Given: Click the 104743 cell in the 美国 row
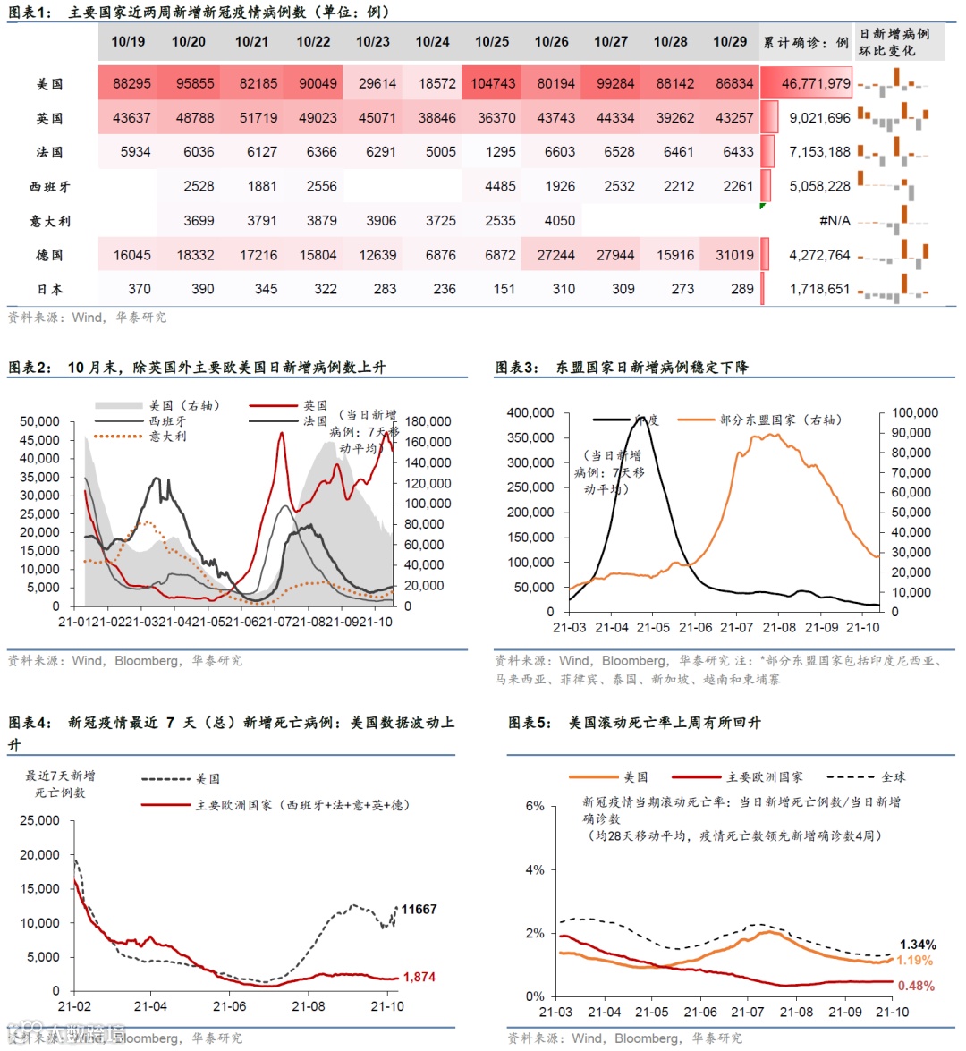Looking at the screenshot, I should (493, 83).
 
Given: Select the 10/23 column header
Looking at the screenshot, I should (373, 42).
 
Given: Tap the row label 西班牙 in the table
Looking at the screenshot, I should (49, 187).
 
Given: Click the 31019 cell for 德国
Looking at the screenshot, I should (734, 255).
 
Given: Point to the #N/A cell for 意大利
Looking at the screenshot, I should (835, 221).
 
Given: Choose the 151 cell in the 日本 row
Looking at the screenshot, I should (504, 289).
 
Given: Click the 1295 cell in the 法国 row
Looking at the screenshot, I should (501, 152).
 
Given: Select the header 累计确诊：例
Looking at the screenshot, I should (806, 42).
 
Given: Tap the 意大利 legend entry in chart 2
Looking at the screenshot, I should (167, 437).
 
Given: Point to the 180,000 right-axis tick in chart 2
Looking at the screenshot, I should (428, 421).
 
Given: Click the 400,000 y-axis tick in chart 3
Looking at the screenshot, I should (530, 412).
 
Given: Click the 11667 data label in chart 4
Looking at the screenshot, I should (419, 910).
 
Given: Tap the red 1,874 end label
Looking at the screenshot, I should (419, 977).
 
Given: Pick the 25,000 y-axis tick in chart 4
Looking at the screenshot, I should (40, 820).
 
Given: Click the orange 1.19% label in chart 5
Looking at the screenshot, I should (914, 961).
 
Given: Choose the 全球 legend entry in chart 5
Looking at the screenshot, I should (893, 777).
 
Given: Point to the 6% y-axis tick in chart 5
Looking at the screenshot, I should (535, 806).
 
